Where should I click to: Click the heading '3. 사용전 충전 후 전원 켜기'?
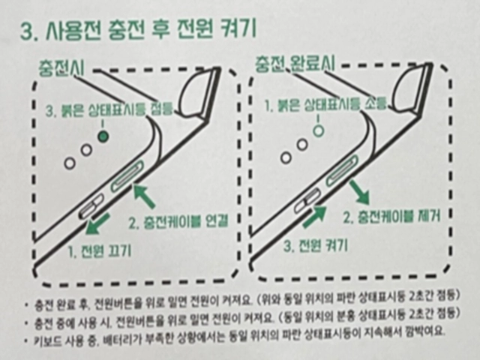138,31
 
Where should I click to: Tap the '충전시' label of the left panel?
61,67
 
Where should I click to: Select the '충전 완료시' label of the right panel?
295,64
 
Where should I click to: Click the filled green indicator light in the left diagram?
103,136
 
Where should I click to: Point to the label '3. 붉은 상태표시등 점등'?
109,109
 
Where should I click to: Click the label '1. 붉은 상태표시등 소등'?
325,106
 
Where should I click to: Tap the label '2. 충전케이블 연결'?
178,221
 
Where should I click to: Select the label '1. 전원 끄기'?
100,252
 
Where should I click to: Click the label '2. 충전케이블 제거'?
391,217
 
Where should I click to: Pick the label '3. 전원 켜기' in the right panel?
315,245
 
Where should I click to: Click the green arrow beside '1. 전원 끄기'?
97,224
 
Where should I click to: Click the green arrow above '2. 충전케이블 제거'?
359,192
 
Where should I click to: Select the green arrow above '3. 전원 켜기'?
314,216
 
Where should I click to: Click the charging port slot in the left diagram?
127,177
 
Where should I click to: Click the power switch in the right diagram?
307,200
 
